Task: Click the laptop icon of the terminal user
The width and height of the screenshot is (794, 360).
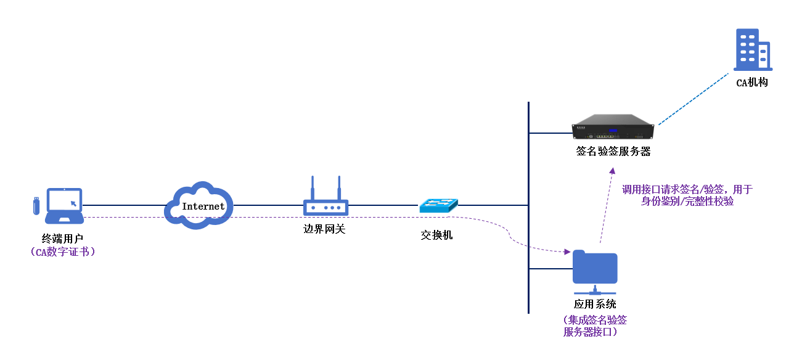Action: tap(65, 205)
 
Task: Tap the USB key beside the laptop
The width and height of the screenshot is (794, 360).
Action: tap(36, 205)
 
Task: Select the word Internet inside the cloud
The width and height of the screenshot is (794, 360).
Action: tap(203, 207)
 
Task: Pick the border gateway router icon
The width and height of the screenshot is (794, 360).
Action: tap(325, 198)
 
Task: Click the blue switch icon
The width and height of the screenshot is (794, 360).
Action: tap(438, 205)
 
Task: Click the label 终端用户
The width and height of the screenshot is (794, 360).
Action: tap(62, 238)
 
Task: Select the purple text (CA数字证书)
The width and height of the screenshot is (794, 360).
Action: tap(62, 252)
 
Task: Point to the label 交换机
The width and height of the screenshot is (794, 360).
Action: tap(436, 235)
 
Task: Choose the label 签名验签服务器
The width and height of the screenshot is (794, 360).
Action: tap(613, 152)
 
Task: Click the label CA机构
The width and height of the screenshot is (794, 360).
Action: tap(752, 83)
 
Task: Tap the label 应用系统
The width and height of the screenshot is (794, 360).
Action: tap(595, 305)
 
